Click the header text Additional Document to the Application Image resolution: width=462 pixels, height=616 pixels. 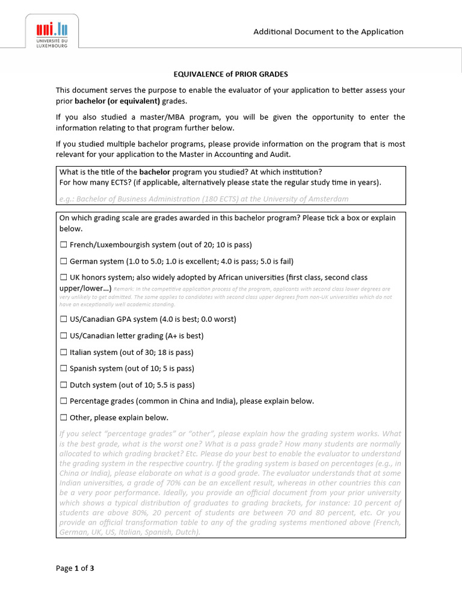point(328,32)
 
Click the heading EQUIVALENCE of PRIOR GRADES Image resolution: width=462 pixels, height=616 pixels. point(230,74)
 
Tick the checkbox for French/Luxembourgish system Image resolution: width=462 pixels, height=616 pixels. point(64,245)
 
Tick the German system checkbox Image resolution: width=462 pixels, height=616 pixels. point(64,262)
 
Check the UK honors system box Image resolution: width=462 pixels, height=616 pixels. point(64,278)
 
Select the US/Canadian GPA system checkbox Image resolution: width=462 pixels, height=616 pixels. point(64,319)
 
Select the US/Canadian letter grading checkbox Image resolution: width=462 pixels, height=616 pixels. point(64,336)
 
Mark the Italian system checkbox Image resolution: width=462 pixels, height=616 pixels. point(64,353)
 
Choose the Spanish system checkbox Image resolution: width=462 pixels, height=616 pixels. point(64,369)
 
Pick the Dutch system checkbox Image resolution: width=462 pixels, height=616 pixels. point(64,385)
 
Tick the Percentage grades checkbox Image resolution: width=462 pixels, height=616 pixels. point(64,401)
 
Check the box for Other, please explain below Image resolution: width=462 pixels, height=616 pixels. point(64,417)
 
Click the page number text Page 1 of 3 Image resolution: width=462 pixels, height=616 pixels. point(75,568)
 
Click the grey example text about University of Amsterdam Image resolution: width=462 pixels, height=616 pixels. point(203,199)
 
